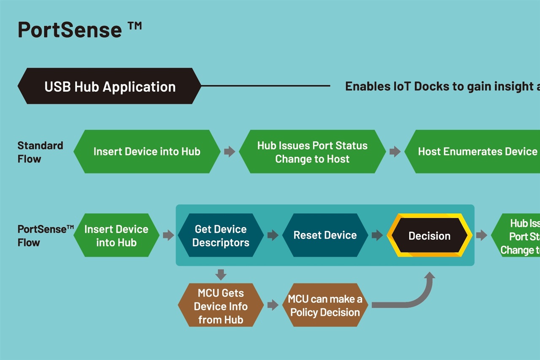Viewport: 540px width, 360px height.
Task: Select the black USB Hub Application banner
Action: point(110,87)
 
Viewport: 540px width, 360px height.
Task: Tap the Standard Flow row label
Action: point(40,152)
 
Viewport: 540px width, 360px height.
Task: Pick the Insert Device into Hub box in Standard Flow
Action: point(147,152)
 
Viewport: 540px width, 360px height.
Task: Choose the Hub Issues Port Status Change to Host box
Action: point(312,152)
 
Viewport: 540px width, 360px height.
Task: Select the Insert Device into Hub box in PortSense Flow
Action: point(116,235)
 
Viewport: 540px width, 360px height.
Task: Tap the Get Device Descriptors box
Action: point(221,235)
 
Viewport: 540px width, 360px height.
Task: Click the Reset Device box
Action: point(325,235)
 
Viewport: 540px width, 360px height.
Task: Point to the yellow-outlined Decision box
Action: point(429,235)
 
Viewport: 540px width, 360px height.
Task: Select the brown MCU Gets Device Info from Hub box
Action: point(221,306)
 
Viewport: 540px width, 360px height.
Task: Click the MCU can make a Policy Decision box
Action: point(325,306)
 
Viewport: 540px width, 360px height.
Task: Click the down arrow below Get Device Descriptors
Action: point(221,275)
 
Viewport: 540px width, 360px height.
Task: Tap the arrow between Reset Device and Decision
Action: point(377,235)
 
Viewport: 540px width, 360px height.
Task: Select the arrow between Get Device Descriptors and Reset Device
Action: point(273,235)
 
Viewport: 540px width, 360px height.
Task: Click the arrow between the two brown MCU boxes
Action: point(273,305)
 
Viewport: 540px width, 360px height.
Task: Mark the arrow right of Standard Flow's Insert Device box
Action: point(229,152)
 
